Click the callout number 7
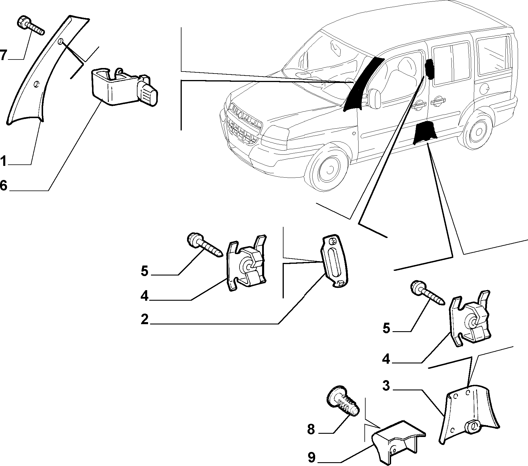3,55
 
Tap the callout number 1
3,161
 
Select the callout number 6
3,185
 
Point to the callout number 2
145,319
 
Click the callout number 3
386,386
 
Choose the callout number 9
312,458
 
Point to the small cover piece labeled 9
398,439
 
